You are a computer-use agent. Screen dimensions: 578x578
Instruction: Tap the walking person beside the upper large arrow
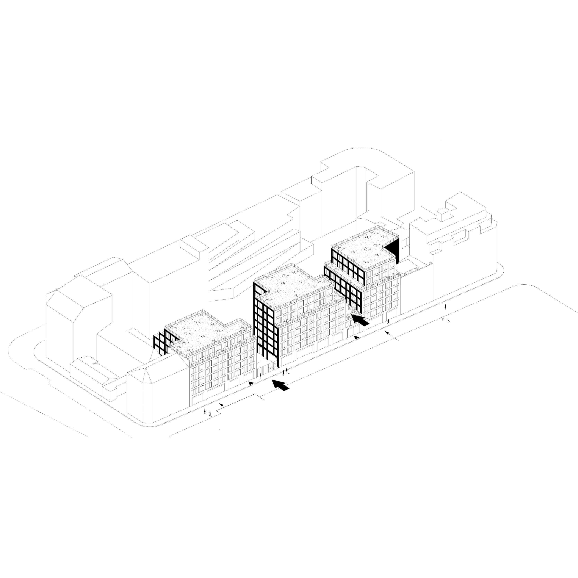coord(389,322)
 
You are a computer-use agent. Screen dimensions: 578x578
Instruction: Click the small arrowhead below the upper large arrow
coord(356,337)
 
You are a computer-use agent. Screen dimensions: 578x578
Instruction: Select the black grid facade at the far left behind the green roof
coord(161,344)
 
